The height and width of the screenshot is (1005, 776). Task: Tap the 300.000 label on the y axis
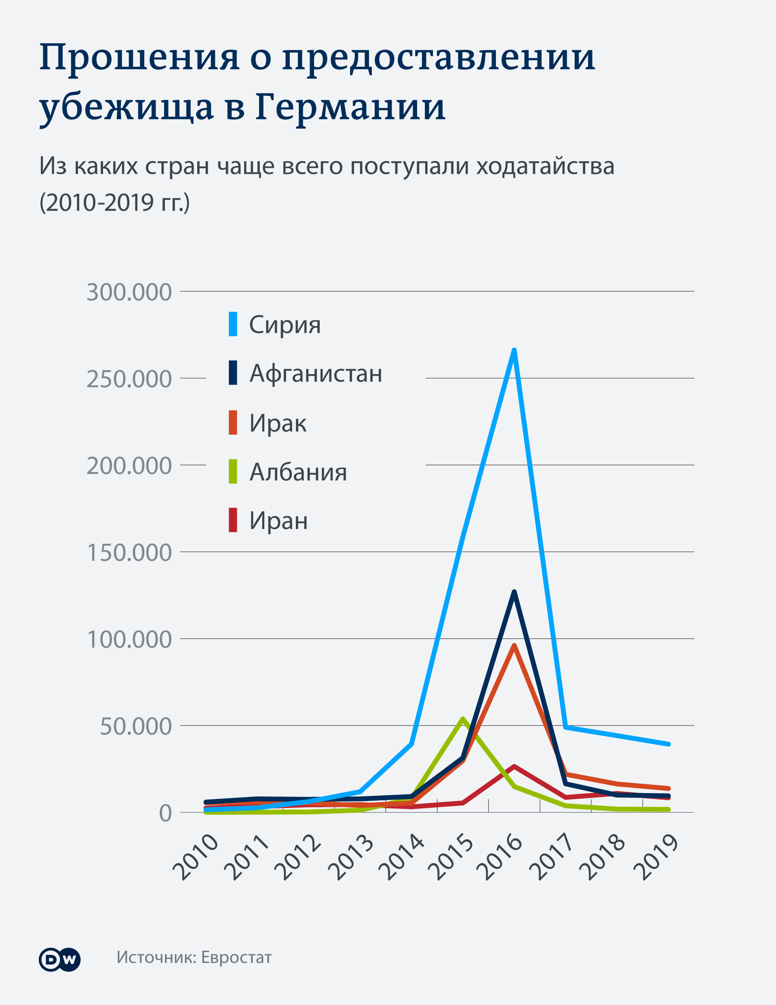[129, 292]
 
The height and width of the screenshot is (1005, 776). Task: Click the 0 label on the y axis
[165, 814]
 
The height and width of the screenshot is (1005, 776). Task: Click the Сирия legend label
[285, 325]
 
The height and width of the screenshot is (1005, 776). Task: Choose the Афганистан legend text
[316, 373]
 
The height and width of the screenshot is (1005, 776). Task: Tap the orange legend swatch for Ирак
[233, 423]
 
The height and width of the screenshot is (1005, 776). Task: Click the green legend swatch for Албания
[233, 471]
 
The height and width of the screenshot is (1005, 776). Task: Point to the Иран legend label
[278, 520]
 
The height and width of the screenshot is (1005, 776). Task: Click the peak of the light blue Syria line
[514, 351]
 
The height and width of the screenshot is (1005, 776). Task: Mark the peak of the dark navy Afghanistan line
[514, 592]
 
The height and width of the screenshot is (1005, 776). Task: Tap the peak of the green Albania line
[463, 719]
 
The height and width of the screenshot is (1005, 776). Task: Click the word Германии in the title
[350, 107]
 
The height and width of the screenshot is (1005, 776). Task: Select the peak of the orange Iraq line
[514, 645]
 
